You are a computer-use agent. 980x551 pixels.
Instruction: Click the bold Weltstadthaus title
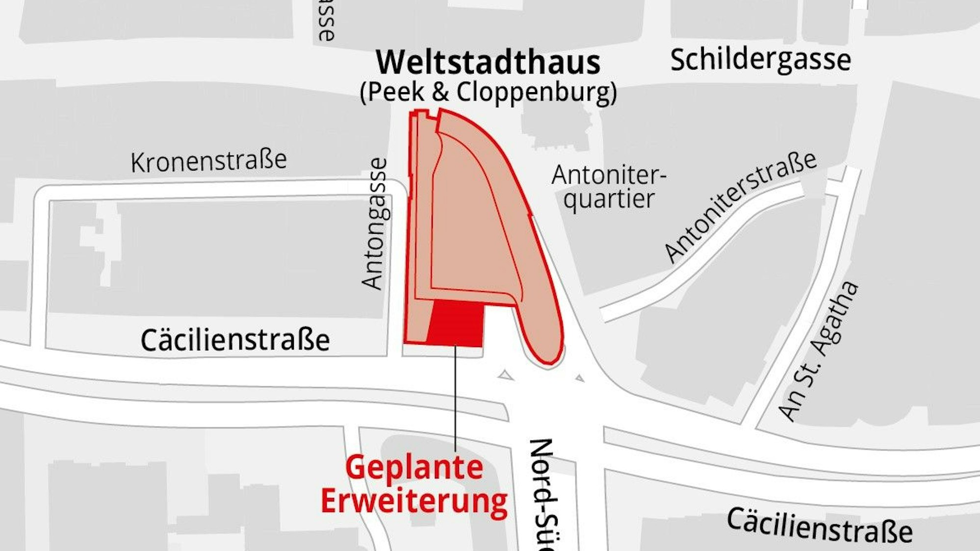(x=488, y=62)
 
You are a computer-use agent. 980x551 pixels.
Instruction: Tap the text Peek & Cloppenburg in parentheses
(x=488, y=92)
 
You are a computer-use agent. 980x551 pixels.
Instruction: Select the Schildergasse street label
(x=760, y=60)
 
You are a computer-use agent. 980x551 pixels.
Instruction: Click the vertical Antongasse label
(x=375, y=223)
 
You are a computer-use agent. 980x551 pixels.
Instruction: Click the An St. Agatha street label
(x=818, y=351)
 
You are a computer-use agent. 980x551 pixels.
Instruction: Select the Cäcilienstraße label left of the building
(x=235, y=340)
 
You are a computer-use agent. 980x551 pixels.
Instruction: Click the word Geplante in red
(x=414, y=468)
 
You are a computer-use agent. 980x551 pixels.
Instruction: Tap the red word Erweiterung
(x=414, y=501)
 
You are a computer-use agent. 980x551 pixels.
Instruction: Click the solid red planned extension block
(x=456, y=324)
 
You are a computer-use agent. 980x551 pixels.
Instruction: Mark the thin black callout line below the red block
(x=455, y=397)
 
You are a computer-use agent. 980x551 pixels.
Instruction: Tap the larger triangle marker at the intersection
(x=506, y=376)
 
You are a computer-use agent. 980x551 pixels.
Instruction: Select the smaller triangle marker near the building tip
(x=580, y=378)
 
